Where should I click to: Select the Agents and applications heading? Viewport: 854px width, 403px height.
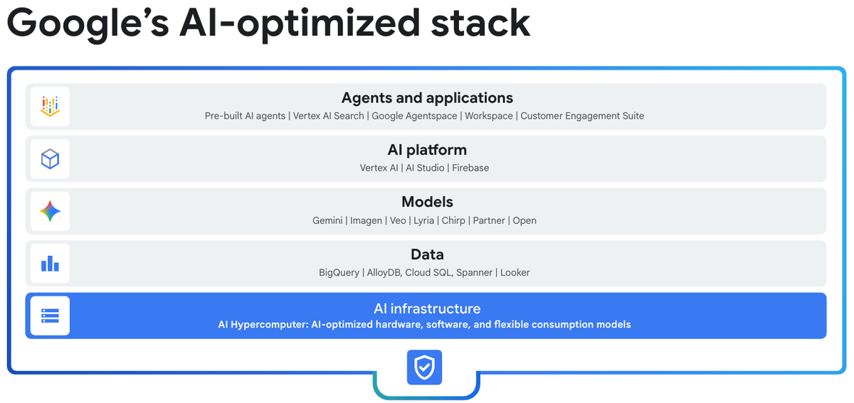coord(427,98)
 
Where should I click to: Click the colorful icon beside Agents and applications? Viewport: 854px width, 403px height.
coord(50,107)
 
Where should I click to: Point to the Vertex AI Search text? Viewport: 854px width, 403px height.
coord(328,116)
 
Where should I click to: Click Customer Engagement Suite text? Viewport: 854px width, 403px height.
coord(582,116)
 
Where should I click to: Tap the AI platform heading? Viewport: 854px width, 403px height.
coord(427,150)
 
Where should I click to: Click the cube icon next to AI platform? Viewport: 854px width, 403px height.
coord(50,159)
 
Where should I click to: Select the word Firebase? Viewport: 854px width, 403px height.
coord(470,168)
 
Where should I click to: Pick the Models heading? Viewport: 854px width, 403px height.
coord(427,202)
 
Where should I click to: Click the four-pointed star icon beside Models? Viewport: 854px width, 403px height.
coord(50,211)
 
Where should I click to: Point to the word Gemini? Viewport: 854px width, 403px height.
coord(328,220)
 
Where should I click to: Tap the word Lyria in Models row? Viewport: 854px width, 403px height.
coord(423,220)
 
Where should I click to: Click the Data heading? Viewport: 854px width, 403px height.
coord(427,254)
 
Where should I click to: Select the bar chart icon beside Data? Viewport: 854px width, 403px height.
coord(50,264)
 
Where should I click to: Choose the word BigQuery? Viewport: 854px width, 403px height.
coord(339,272)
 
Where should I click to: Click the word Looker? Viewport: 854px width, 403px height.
coord(515,272)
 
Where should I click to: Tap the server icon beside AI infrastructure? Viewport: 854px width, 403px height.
coord(50,316)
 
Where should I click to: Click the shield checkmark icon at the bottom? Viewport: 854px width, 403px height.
coord(425,367)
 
